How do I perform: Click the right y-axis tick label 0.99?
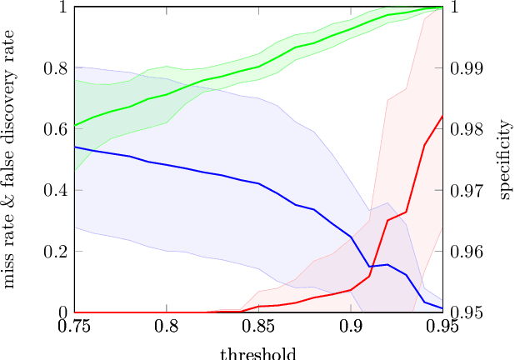pos(466,68)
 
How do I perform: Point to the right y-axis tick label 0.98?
pos(466,129)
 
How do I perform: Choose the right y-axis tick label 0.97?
pos(466,190)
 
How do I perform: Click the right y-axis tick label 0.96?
pos(466,252)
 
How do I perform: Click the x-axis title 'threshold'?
pos(258,352)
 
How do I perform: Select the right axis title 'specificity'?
pos(505,159)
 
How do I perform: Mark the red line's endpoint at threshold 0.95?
pos(442,116)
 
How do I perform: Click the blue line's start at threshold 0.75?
pos(74,147)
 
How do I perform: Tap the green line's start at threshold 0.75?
pos(74,126)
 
